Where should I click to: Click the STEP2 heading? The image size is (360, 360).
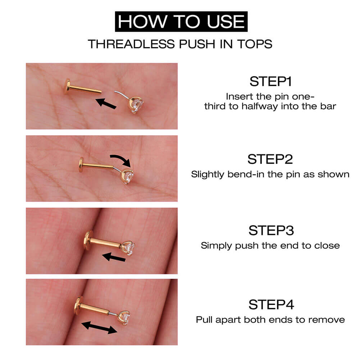[x=270, y=159]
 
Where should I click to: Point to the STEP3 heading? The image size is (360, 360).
[x=271, y=230]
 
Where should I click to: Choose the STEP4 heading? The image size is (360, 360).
[x=271, y=305]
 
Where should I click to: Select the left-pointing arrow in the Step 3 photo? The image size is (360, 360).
[x=114, y=257]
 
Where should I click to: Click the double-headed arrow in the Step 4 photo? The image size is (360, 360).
[x=99, y=328]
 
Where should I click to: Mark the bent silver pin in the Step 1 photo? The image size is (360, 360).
[x=120, y=94]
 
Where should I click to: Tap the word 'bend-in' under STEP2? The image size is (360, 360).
[x=241, y=174]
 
